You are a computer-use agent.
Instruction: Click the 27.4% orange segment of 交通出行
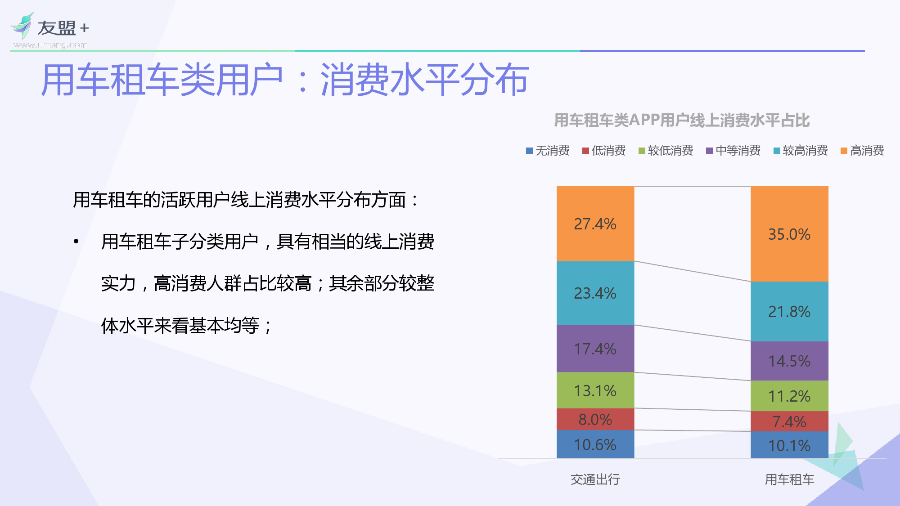[595, 224]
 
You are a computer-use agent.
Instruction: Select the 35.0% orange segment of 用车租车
[789, 234]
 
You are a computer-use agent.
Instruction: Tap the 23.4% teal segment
[595, 293]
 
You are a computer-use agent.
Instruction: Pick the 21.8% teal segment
[789, 311]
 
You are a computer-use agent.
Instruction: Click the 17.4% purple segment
[595, 349]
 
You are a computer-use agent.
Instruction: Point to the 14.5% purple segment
[789, 361]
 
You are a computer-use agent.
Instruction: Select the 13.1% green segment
[595, 390]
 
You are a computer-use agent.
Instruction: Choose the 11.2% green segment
[789, 396]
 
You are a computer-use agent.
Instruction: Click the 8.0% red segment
[595, 419]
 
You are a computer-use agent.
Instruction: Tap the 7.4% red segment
[789, 421]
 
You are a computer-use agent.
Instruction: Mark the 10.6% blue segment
[595, 444]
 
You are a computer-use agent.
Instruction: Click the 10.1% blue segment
[789, 445]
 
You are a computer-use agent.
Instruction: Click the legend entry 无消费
[548, 151]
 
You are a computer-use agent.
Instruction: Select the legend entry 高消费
[863, 151]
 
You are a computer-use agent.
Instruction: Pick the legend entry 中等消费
[733, 151]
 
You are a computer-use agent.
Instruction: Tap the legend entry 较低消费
[666, 151]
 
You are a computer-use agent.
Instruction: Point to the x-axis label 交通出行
[595, 479]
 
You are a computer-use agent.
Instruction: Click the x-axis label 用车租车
[789, 479]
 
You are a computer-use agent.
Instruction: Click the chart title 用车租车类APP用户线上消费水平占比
[681, 121]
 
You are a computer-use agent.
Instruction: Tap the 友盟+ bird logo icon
[22, 26]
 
